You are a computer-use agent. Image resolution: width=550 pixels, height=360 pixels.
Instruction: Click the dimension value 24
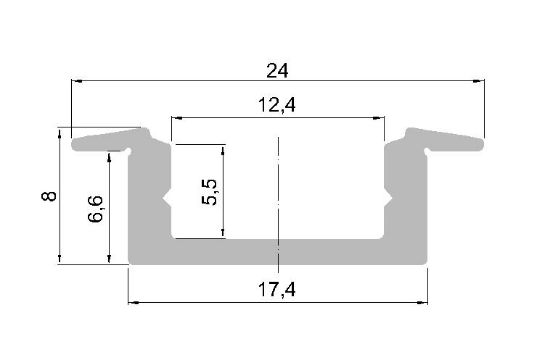point(277,71)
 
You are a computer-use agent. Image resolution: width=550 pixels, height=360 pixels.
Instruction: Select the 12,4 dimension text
point(277,105)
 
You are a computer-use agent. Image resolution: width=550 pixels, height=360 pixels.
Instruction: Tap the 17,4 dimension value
point(277,290)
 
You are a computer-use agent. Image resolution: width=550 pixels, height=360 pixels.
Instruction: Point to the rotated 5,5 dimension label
point(209,192)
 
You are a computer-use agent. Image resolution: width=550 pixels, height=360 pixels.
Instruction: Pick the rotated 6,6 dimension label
point(96,209)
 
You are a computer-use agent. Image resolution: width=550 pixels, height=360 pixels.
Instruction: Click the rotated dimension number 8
point(49,196)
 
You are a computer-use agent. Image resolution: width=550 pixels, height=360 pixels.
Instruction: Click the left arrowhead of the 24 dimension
point(77,81)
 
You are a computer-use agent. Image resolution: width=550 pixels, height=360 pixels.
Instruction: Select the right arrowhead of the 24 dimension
point(479,81)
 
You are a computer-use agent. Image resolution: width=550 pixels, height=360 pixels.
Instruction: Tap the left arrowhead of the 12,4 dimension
point(177,118)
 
